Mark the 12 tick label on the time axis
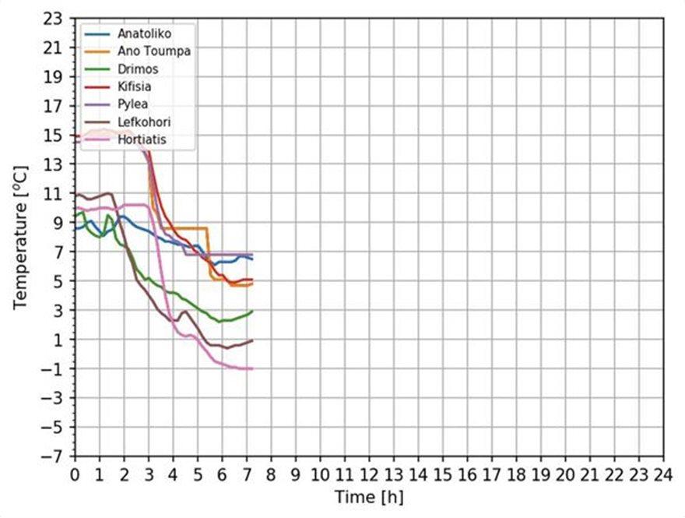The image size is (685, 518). coord(369,474)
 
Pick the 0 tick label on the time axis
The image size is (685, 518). coord(75,474)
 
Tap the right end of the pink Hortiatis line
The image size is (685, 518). coord(252,368)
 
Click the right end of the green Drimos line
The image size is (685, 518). coord(252,312)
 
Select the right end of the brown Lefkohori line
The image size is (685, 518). coord(252,340)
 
